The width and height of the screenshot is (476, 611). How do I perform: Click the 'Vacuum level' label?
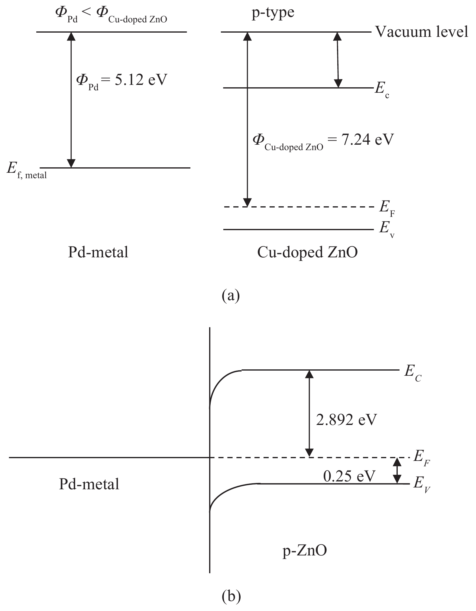coord(422,31)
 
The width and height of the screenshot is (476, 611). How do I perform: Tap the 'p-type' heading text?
coord(273,12)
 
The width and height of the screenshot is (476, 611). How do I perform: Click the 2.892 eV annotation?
coord(346,420)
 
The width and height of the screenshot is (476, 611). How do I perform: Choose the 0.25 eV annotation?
coord(349,476)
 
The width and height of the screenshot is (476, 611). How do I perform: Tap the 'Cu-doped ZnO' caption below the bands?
coord(307,252)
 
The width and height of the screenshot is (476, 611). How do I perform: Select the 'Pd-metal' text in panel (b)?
coord(89,484)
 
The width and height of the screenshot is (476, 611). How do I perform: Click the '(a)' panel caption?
coord(231,295)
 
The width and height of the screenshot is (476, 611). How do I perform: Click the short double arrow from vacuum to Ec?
coord(338,60)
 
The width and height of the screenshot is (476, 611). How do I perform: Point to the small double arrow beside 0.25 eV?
coord(397,471)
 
